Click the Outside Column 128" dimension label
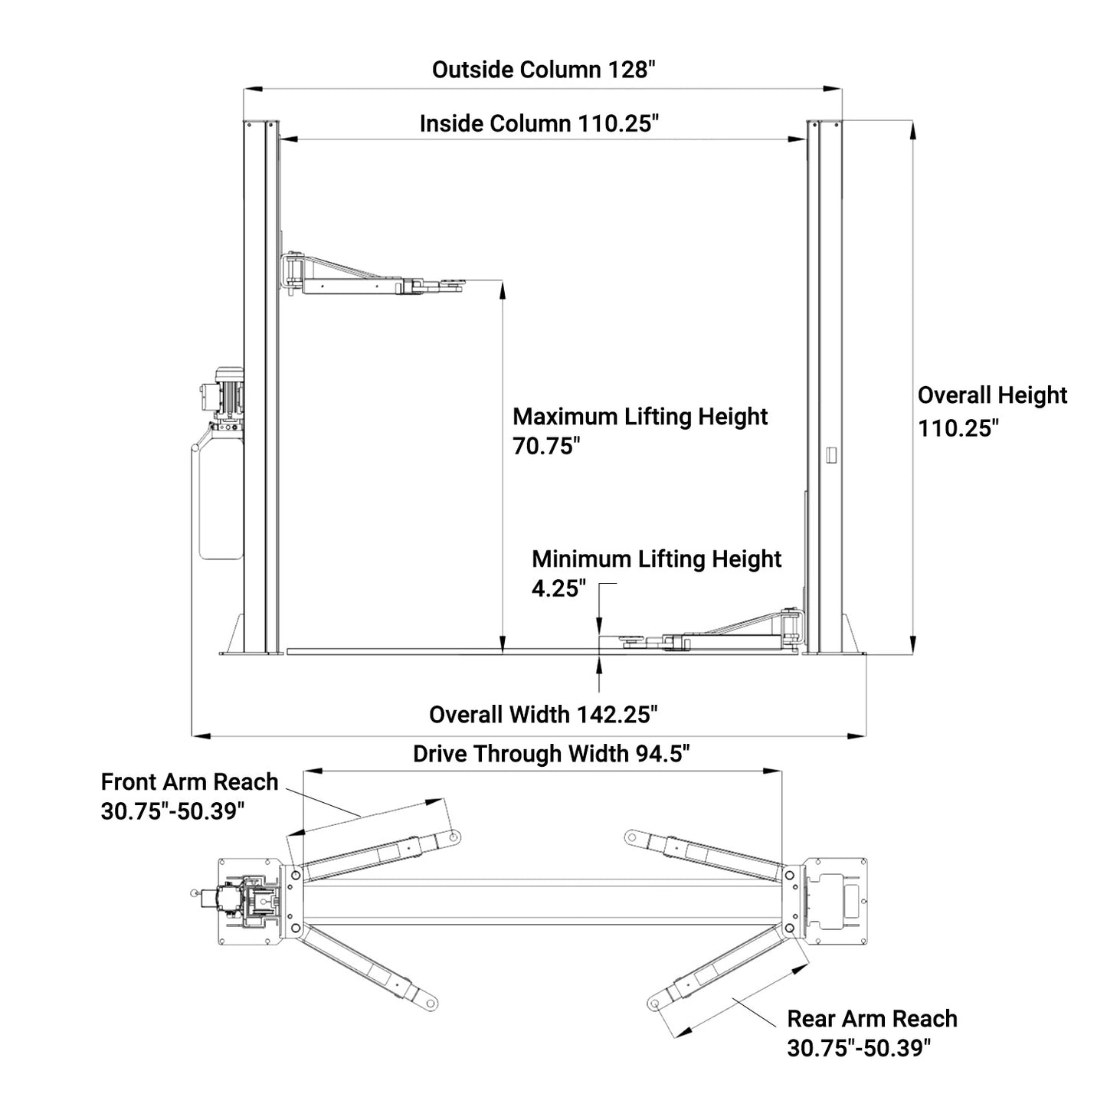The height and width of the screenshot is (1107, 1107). [x=544, y=70]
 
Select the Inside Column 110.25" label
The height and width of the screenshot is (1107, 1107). [x=539, y=123]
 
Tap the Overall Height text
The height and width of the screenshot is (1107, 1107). [x=992, y=395]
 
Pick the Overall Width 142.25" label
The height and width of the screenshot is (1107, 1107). [x=543, y=715]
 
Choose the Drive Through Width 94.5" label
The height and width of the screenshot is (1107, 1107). [x=552, y=754]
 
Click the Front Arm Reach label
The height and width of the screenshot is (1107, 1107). [x=189, y=782]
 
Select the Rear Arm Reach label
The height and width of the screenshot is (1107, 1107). [x=872, y=1019]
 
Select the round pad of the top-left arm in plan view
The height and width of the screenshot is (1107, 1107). [x=455, y=837]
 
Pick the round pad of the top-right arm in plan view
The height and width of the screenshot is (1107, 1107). [x=632, y=837]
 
